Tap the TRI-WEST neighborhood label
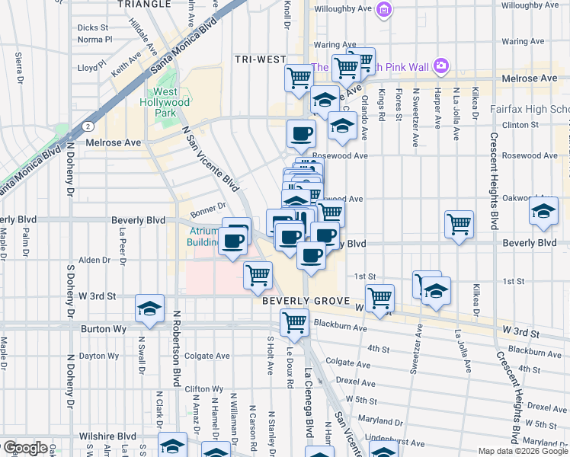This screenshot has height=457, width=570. click(260, 59)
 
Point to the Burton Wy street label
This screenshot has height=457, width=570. click(102, 330)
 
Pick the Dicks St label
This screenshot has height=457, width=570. click(93, 27)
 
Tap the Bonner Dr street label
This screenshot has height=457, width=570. click(209, 206)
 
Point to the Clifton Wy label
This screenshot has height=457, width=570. click(204, 388)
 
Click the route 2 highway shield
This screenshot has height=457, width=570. click(88, 125)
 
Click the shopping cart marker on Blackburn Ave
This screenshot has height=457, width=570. click(294, 322)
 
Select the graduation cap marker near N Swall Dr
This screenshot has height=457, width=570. click(149, 308)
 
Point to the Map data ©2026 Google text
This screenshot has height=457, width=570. click(523, 450)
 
